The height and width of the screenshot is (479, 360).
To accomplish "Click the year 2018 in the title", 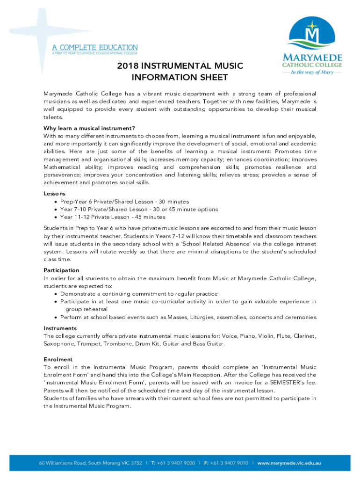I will tap(128, 66).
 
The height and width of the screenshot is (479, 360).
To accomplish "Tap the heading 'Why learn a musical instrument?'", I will tap(89, 128).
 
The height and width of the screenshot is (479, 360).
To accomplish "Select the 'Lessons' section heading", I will tap(54, 193).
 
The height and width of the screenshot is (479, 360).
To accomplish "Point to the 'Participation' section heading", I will tap(61, 270).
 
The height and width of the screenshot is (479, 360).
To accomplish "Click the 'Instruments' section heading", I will tap(60, 328).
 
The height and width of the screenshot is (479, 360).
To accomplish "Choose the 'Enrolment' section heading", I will tap(58, 359).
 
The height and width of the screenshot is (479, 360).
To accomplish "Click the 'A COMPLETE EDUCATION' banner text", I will tap(94, 47).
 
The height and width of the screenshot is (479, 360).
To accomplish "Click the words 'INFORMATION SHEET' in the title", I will tap(180, 77).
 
